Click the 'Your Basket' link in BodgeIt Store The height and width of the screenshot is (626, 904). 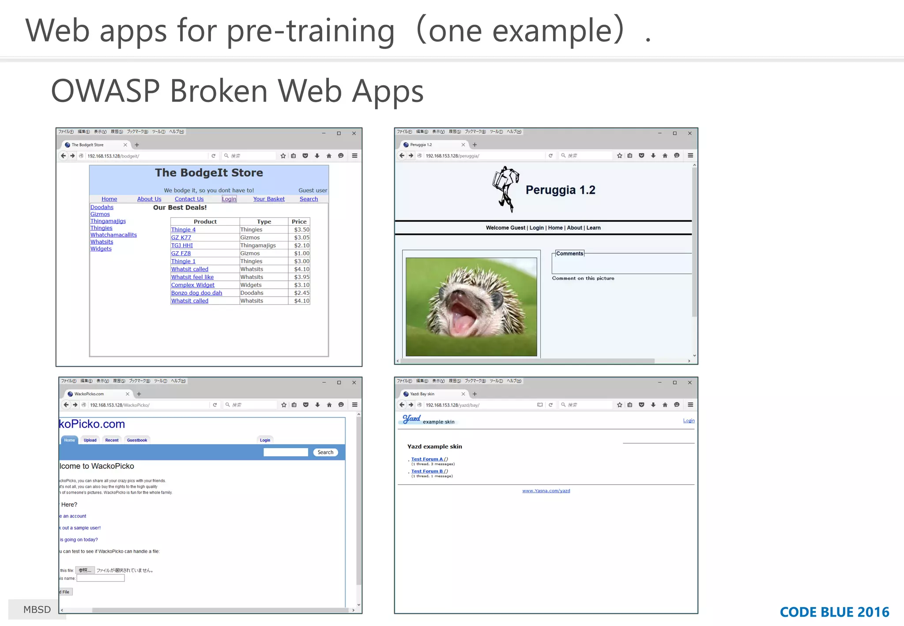(x=269, y=199)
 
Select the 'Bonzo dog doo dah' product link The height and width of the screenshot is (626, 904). (x=196, y=293)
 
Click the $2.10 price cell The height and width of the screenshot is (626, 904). (x=301, y=245)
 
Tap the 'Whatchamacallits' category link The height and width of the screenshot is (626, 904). (x=113, y=235)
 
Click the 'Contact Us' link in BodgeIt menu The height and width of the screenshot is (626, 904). (x=189, y=199)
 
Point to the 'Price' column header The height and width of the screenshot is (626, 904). (x=299, y=222)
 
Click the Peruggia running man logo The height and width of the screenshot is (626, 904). (x=505, y=189)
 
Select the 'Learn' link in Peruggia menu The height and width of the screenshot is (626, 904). (x=593, y=228)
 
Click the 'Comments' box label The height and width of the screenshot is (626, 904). (x=569, y=253)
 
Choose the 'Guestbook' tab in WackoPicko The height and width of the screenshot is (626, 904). (x=137, y=440)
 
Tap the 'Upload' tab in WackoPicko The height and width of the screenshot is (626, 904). (x=90, y=440)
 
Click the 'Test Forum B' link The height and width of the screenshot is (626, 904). (x=426, y=471)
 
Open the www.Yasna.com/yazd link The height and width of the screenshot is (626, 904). (x=546, y=491)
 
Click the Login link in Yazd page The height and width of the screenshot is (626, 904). (x=688, y=421)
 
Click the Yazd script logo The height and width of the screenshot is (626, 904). (x=411, y=419)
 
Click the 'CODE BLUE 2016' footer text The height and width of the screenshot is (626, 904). (x=834, y=612)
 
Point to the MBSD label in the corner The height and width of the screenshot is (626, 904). (x=37, y=610)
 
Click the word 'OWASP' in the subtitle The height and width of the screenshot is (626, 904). (x=105, y=91)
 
